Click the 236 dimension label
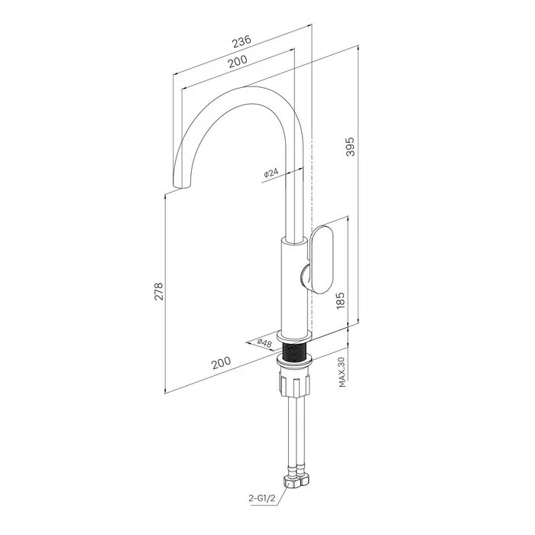[242, 41]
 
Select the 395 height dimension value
[350, 147]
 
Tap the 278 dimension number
[159, 291]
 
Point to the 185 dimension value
[341, 300]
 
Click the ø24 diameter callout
[271, 173]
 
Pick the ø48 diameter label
[264, 343]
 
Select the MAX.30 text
[342, 372]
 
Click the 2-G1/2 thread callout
[261, 498]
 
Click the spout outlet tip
[181, 186]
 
